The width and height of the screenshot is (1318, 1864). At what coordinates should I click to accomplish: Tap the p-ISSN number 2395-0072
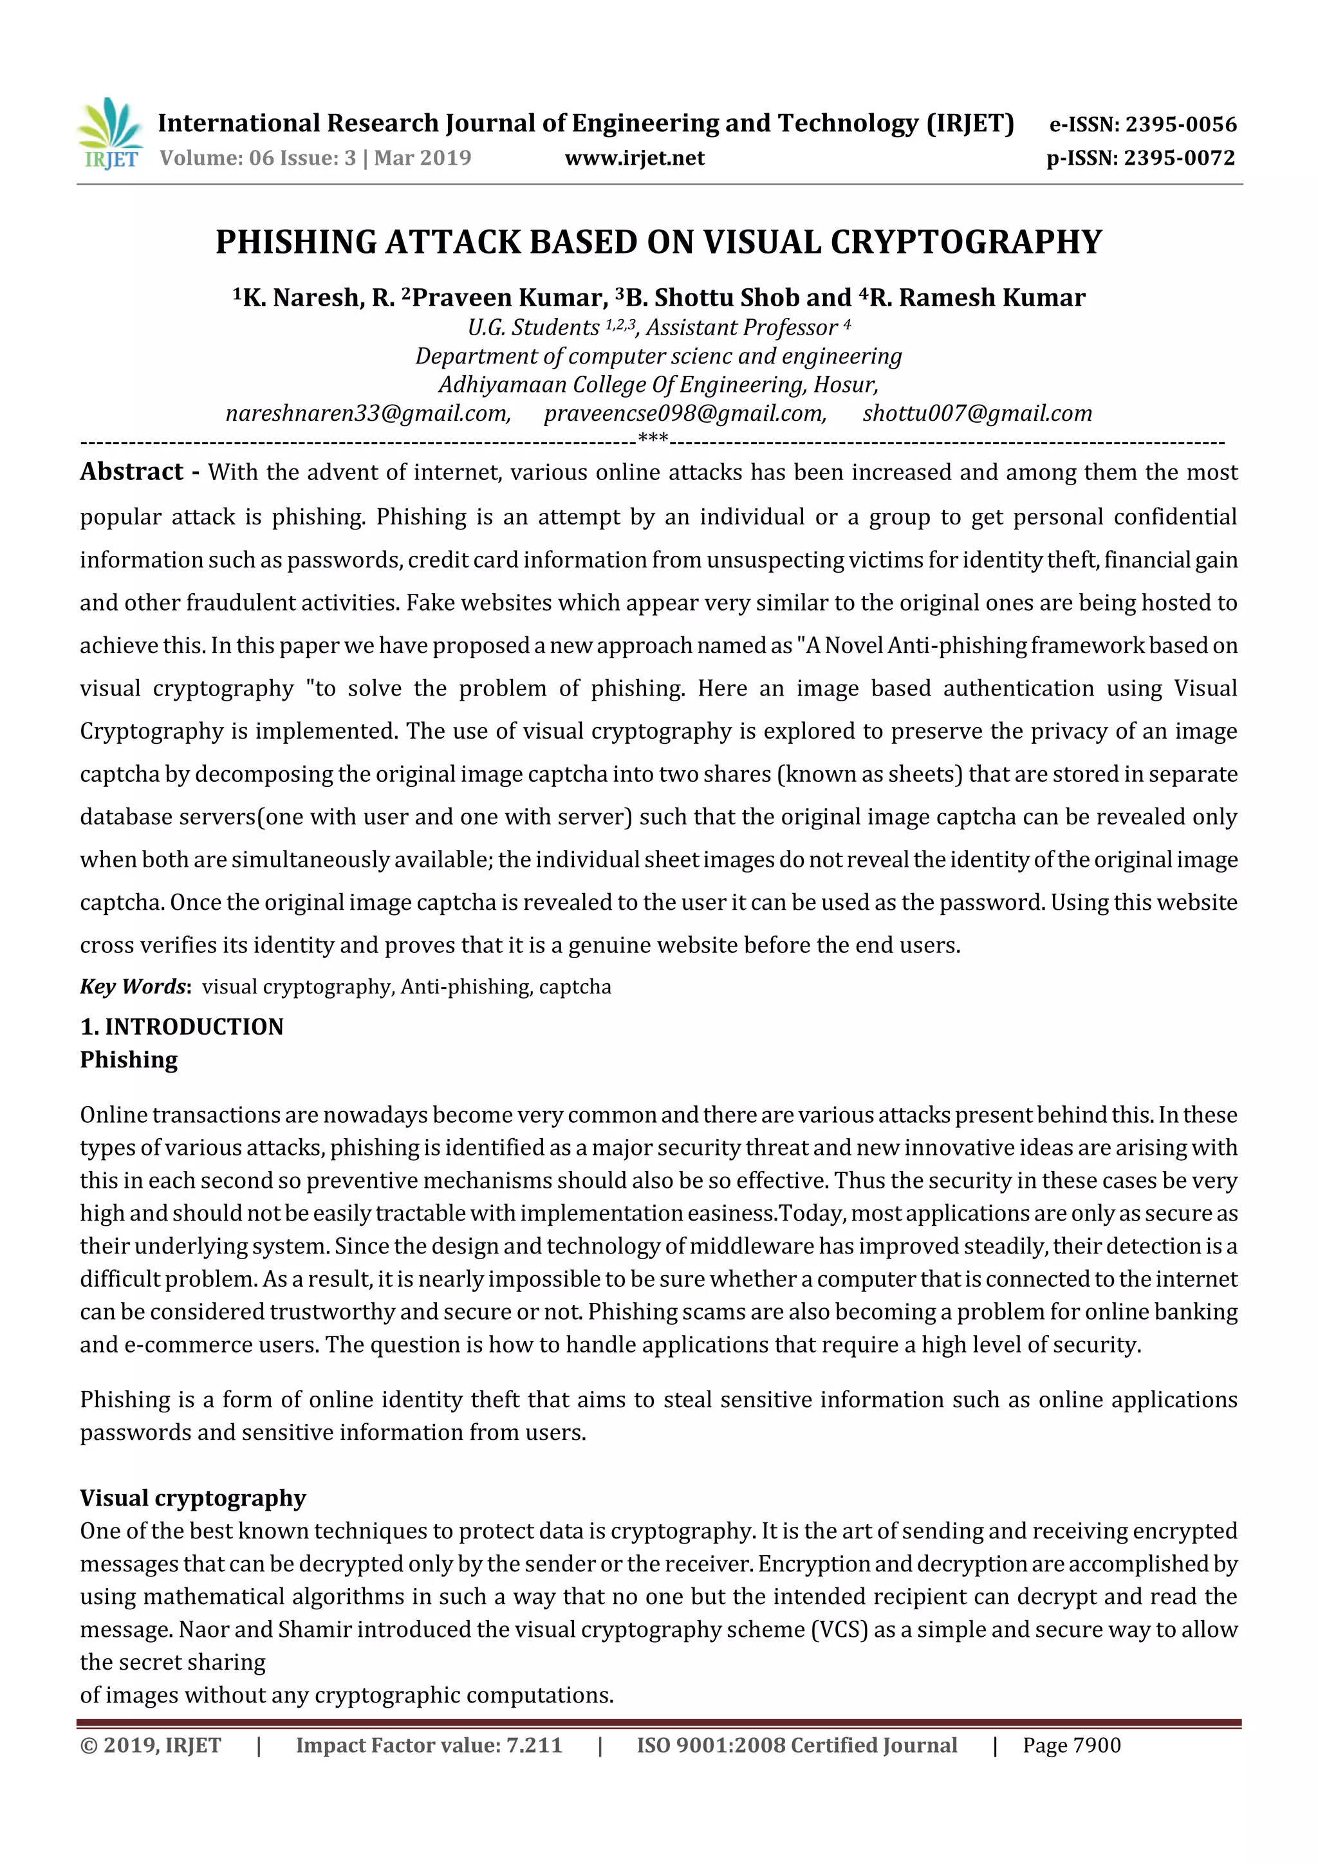[1179, 158]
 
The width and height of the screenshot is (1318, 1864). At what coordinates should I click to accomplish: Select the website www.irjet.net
[635, 158]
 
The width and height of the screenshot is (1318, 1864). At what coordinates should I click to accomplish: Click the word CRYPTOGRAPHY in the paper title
[967, 243]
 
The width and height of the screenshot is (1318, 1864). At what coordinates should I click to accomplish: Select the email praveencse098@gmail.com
[685, 414]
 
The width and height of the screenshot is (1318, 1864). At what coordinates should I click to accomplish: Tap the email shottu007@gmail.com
[977, 414]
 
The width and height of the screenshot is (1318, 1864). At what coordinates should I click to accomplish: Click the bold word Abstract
[131, 472]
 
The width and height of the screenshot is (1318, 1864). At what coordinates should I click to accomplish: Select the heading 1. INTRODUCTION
[182, 1027]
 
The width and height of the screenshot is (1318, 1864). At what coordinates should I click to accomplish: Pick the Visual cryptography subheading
[192, 1498]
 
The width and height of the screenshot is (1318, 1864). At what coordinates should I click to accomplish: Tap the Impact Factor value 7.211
[534, 1746]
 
